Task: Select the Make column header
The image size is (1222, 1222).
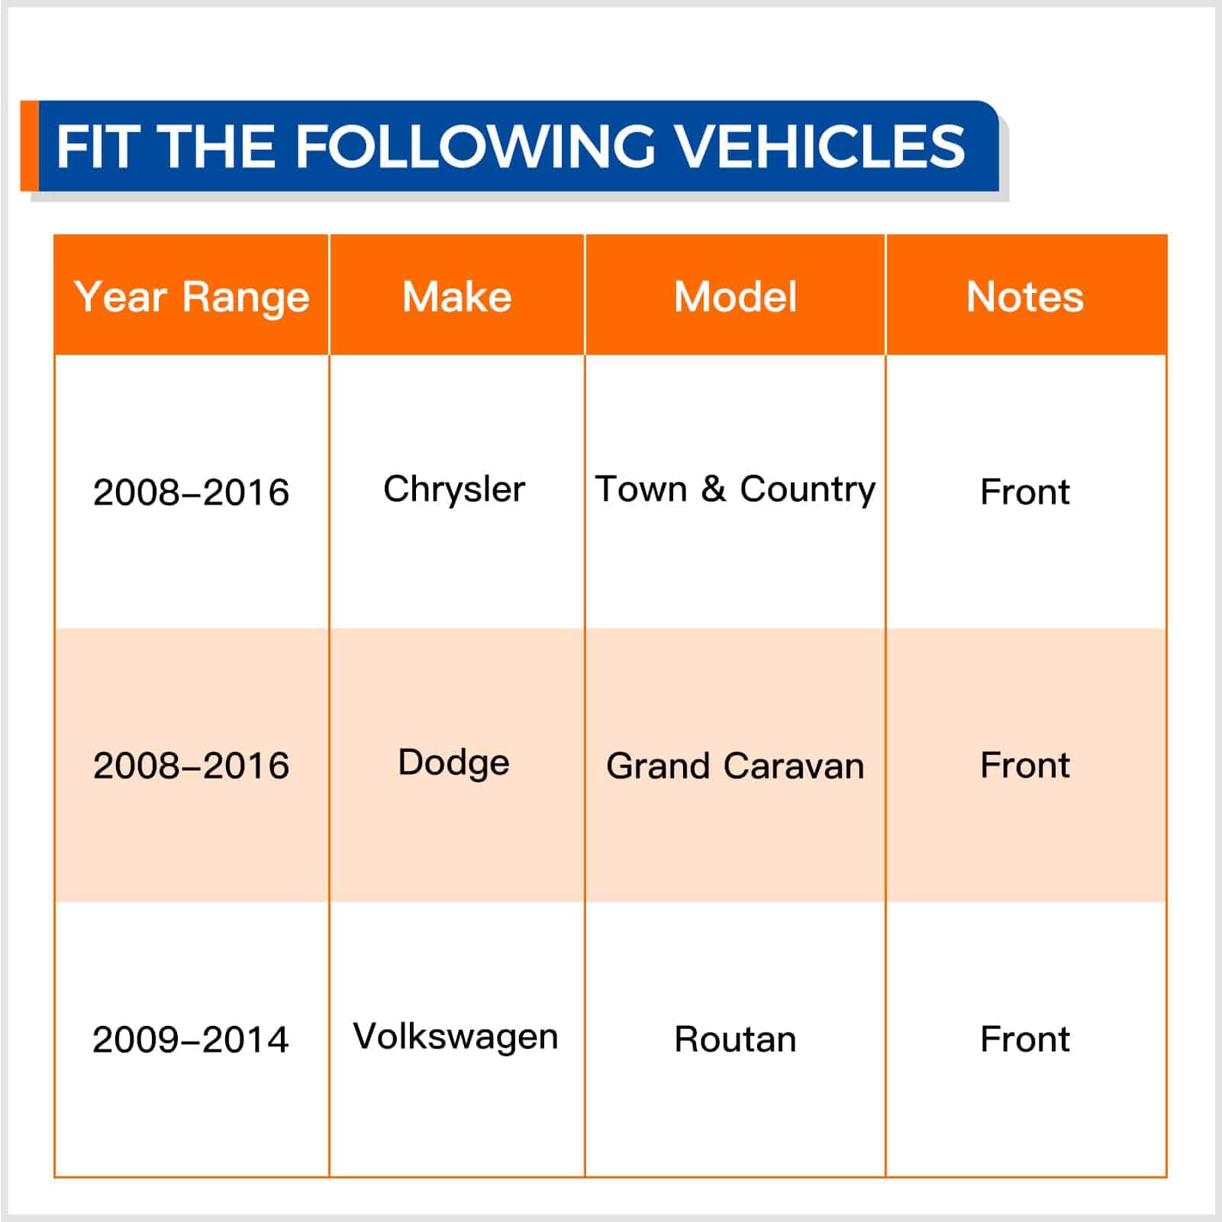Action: point(456,296)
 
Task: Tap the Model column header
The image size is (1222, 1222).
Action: point(735,296)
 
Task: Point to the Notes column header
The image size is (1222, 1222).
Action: point(1025,296)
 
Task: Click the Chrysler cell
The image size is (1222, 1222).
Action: point(454,489)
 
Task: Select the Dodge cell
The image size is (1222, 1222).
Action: point(453,763)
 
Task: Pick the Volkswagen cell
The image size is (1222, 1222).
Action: point(456,1037)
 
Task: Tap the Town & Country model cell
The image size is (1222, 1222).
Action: point(735,489)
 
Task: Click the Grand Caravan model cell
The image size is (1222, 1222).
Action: point(735,766)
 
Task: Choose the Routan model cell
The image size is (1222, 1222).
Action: point(735,1040)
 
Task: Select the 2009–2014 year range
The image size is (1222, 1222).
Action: point(191,1040)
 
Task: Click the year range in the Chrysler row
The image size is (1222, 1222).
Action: point(191,492)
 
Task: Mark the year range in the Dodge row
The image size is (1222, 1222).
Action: point(191,766)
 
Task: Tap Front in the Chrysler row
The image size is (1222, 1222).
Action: point(1025,492)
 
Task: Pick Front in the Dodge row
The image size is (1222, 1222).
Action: point(1025,766)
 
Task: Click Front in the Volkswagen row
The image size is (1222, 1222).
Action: point(1025,1040)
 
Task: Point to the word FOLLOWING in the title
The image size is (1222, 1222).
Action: point(474,146)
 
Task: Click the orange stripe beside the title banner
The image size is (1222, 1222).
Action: point(29,146)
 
